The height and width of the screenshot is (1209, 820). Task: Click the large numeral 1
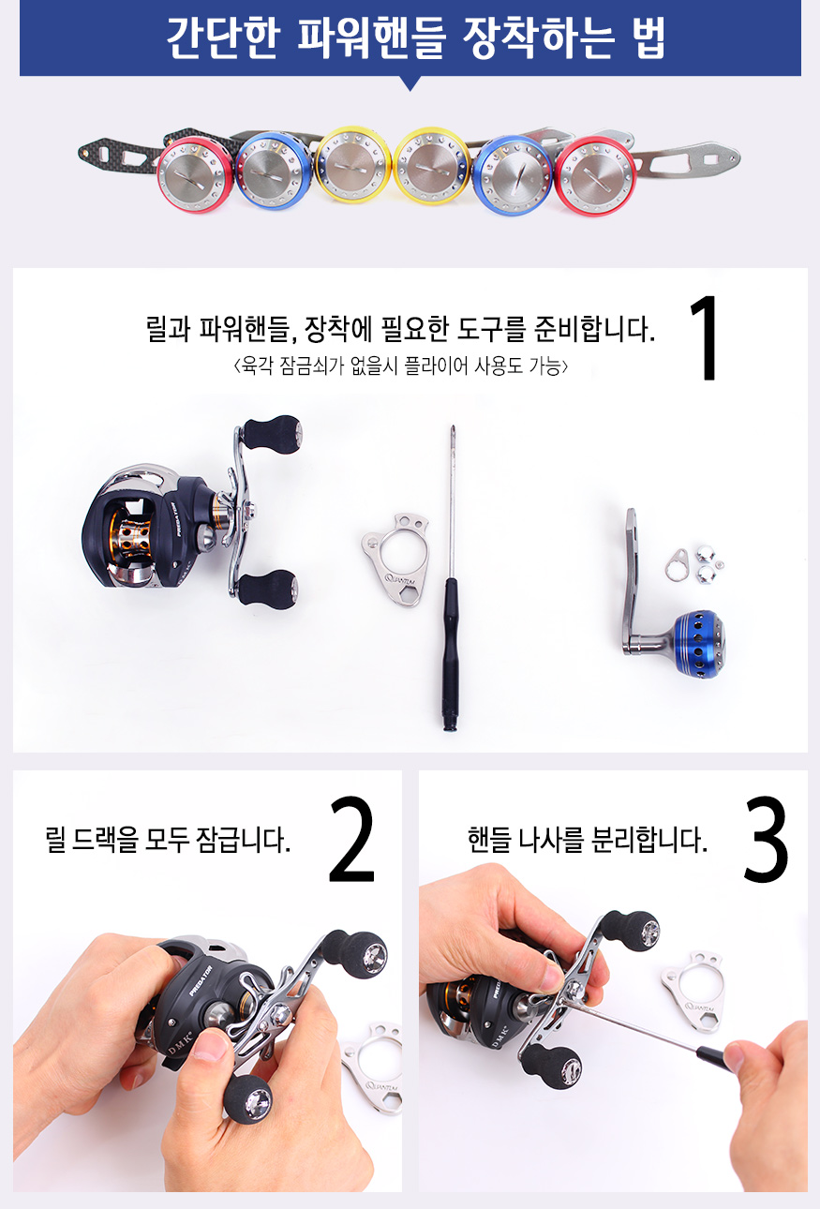pyautogui.click(x=705, y=337)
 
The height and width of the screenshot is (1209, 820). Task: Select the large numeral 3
pyautogui.click(x=766, y=839)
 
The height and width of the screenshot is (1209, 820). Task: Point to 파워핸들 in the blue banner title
pyautogui.click(x=371, y=37)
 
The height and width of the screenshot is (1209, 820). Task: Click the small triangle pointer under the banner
pyautogui.click(x=410, y=83)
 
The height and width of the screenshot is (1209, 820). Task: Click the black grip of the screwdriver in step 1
pyautogui.click(x=449, y=653)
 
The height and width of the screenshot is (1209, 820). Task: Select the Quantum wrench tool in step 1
pyautogui.click(x=396, y=559)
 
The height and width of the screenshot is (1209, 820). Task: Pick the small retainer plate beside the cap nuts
pyautogui.click(x=677, y=564)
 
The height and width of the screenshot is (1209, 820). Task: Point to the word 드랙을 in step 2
pyautogui.click(x=105, y=841)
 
